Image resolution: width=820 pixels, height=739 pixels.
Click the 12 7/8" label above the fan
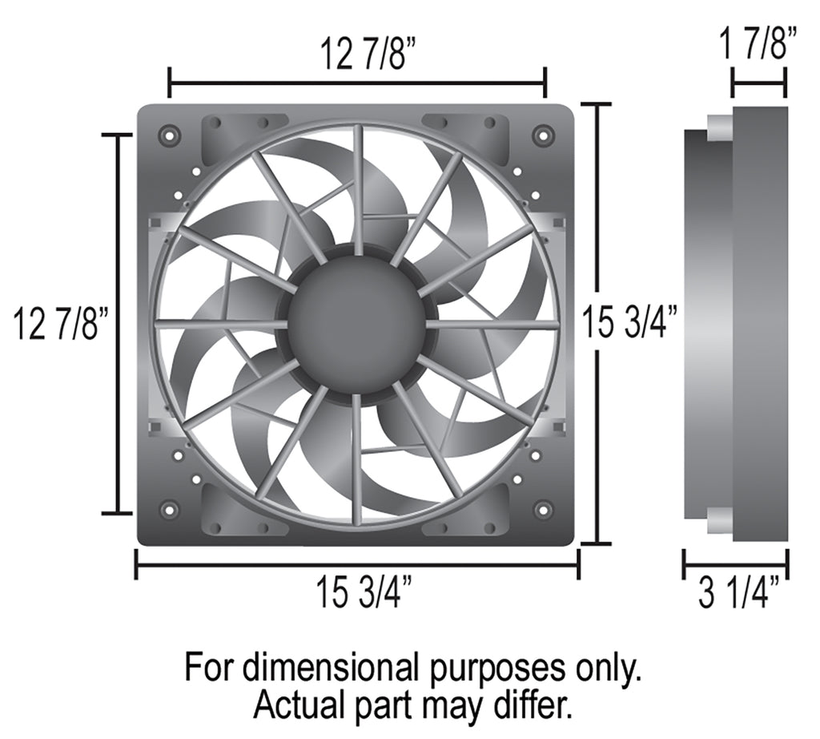pos(363,54)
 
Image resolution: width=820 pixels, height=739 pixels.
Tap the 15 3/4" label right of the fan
pos(629,323)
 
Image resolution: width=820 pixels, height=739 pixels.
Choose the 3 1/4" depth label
pos(738,592)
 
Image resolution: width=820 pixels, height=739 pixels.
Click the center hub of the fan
pos(357,325)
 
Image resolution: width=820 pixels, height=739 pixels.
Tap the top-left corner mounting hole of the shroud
pos(170,135)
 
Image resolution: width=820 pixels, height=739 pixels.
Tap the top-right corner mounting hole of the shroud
pos(543,135)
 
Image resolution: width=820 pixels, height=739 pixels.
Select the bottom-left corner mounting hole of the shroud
pos(170,508)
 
